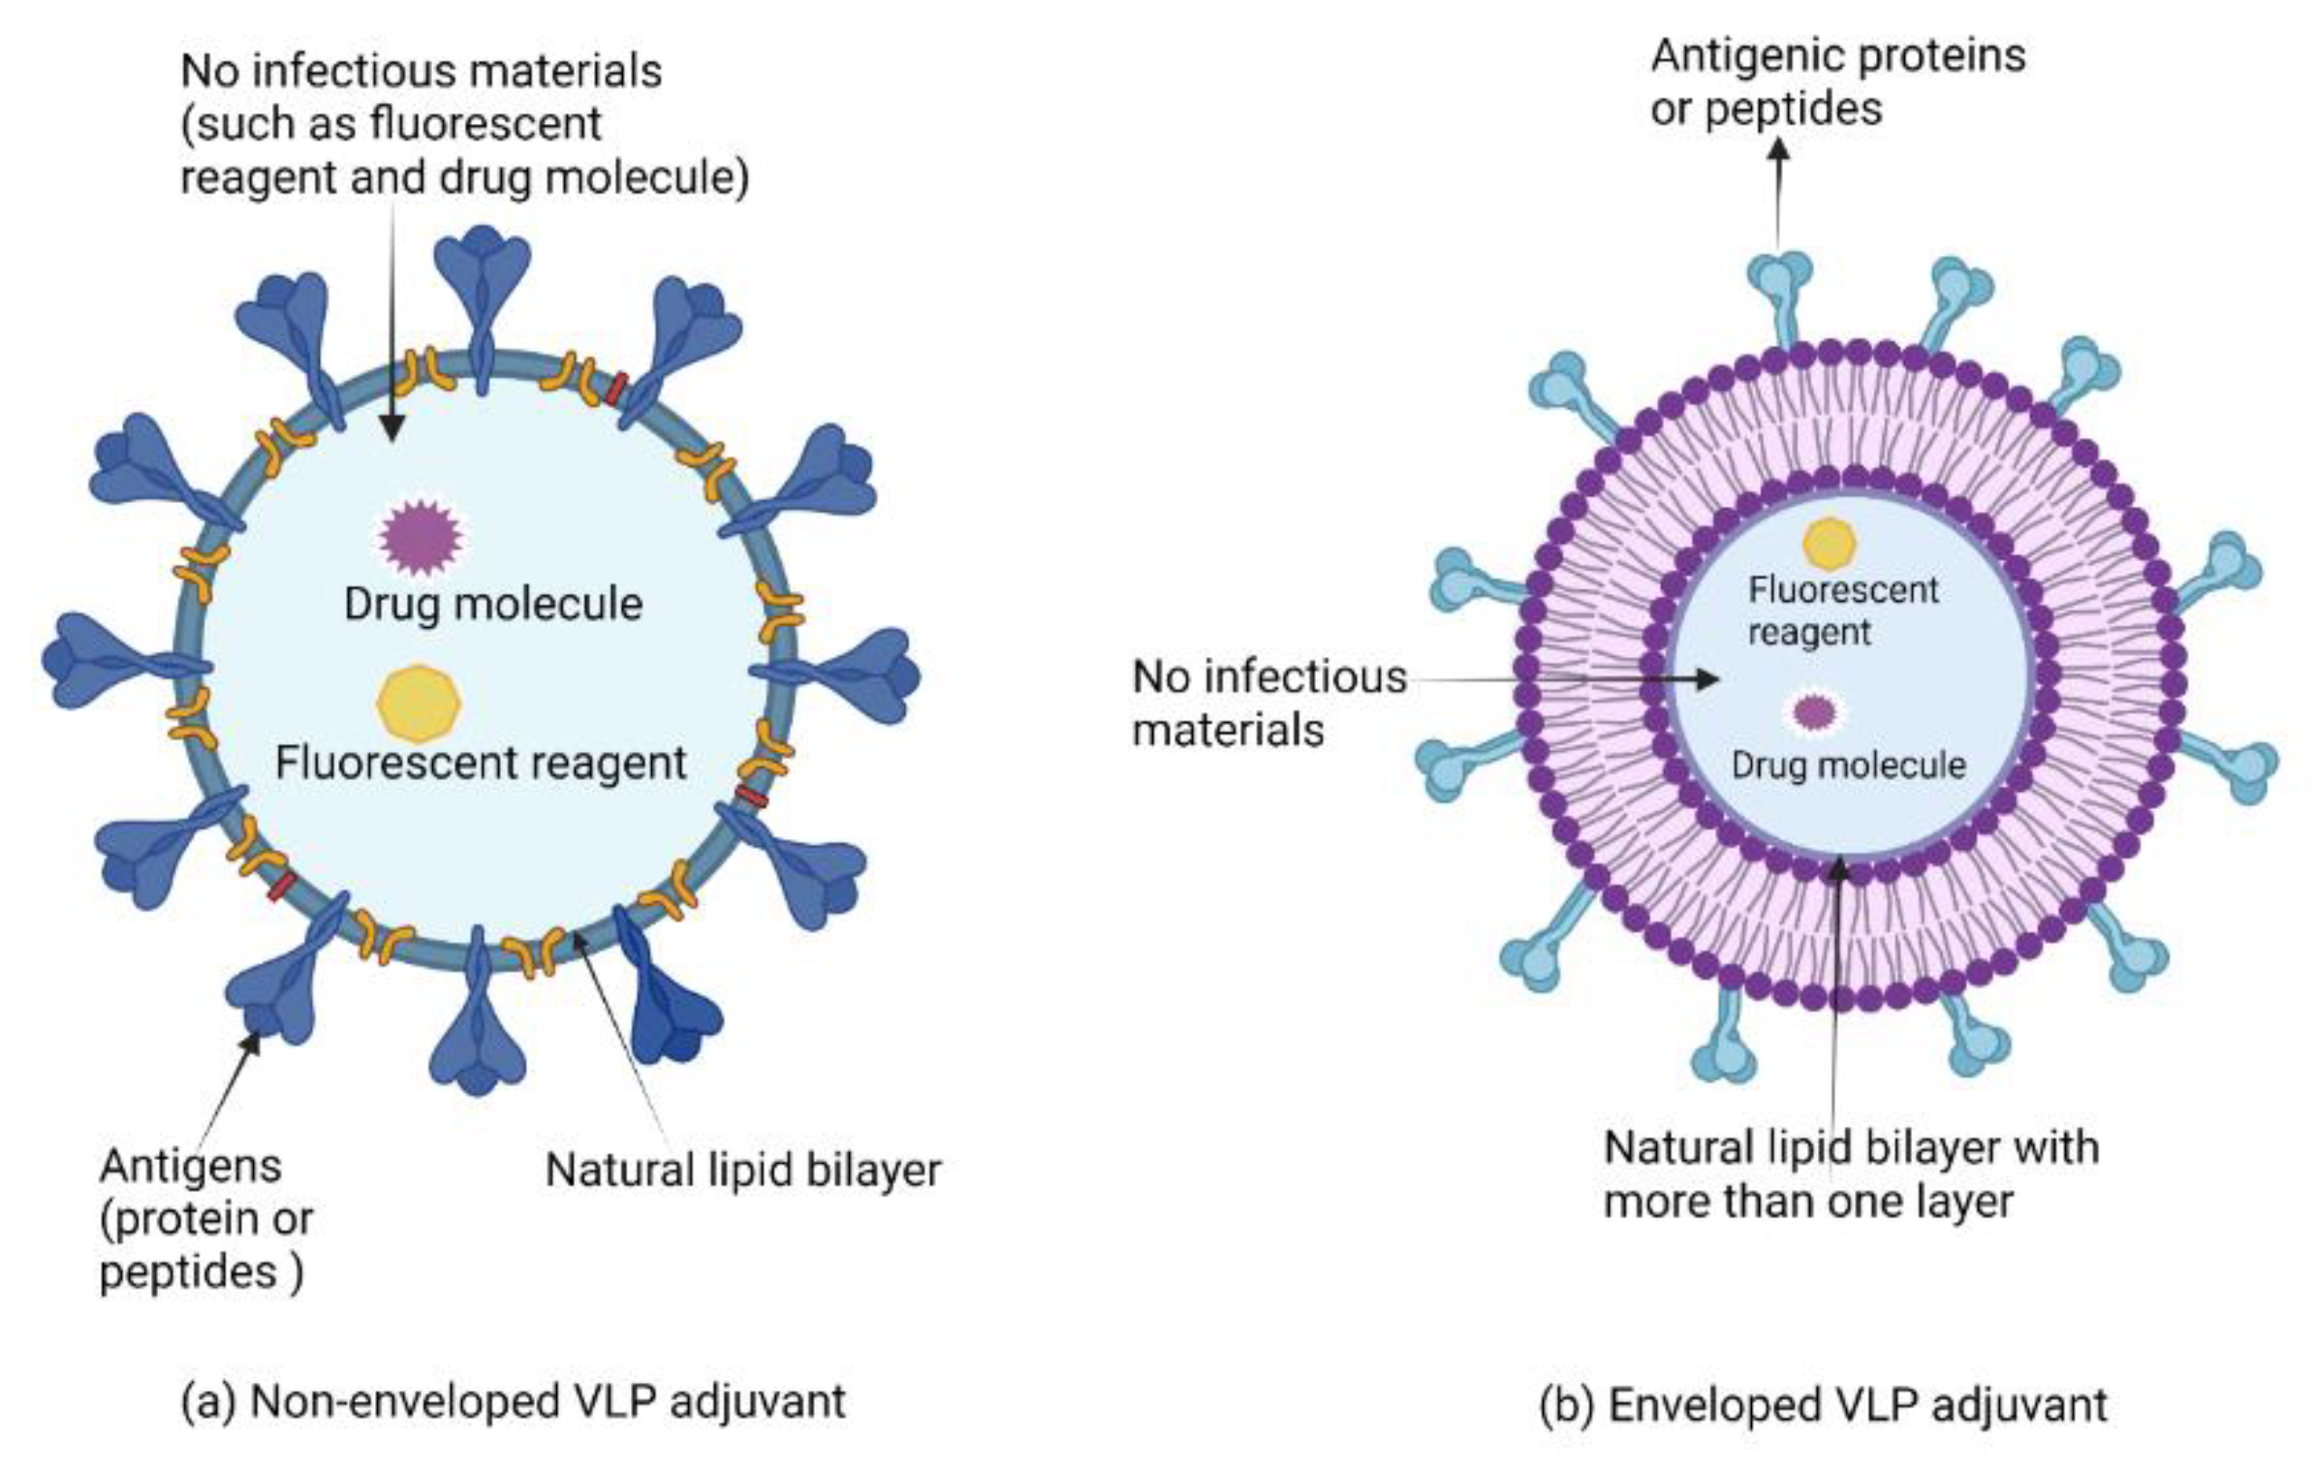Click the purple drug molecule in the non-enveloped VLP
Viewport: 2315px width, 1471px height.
coord(420,536)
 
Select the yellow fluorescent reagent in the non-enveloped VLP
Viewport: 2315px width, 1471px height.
coord(419,703)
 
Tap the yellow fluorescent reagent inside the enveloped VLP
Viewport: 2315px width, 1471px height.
coord(1829,544)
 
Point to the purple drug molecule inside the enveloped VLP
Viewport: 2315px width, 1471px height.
coord(1814,712)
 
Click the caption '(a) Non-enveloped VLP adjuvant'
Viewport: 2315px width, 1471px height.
coord(514,1401)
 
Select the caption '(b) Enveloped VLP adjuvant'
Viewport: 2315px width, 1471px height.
coord(1823,1404)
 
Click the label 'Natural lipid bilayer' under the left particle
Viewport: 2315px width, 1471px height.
coord(743,1170)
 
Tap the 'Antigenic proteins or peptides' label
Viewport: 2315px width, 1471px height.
coord(1837,81)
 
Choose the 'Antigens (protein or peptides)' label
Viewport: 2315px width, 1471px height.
coord(205,1218)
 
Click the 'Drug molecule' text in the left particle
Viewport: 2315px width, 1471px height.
coord(493,604)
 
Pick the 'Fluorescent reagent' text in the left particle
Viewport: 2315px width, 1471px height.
coord(481,763)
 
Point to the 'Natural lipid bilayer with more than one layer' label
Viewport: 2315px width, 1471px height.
coord(1851,1174)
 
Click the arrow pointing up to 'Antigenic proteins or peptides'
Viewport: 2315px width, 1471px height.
coord(1778,194)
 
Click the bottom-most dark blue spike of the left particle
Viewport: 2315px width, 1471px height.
coord(478,1027)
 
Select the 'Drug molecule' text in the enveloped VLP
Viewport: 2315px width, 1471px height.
coord(1848,766)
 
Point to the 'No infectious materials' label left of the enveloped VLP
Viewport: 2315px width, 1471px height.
coord(1268,703)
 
